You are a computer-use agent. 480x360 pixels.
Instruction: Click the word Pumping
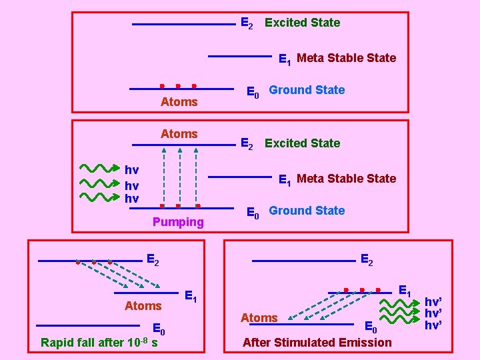178,222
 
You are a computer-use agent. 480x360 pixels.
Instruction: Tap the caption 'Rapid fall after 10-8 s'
99,343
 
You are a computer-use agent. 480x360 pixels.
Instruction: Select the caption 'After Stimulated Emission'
317,343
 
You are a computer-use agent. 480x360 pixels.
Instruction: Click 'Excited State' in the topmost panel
302,23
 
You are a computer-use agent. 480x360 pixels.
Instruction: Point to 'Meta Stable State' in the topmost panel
346,58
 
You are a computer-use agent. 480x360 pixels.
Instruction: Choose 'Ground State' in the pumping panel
307,211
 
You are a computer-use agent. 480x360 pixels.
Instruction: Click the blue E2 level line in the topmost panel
184,25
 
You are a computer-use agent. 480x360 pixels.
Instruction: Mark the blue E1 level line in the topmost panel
240,57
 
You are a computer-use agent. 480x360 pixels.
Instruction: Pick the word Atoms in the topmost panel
179,102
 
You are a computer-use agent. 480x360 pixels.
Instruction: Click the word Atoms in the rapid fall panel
143,306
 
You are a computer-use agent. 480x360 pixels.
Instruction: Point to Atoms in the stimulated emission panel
259,318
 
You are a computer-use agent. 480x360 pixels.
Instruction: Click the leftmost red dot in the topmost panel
162,86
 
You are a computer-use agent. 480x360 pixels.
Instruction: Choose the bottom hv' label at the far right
433,325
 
